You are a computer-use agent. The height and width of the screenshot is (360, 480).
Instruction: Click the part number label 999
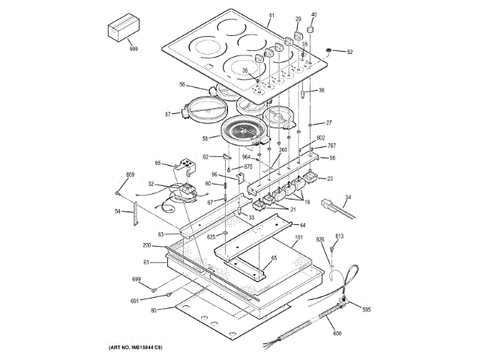tap(134, 48)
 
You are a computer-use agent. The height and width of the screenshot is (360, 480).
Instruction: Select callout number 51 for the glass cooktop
tap(271, 16)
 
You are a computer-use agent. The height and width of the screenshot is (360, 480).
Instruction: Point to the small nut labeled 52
tap(328, 50)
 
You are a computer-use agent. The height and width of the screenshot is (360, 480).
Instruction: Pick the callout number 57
tap(169, 113)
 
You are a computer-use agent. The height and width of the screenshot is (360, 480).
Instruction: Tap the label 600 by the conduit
tap(337, 333)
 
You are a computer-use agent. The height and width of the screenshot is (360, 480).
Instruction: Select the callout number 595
tap(366, 309)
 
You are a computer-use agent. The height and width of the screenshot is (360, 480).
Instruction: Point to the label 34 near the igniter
tap(347, 197)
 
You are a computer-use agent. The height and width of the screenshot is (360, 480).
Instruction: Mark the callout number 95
tap(158, 163)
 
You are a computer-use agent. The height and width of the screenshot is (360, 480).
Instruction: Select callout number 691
tap(135, 300)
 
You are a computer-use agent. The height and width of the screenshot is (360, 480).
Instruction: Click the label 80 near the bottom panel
tap(154, 310)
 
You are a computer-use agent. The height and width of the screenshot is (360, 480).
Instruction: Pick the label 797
tap(331, 146)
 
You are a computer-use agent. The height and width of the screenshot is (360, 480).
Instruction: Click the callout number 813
tap(339, 236)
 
